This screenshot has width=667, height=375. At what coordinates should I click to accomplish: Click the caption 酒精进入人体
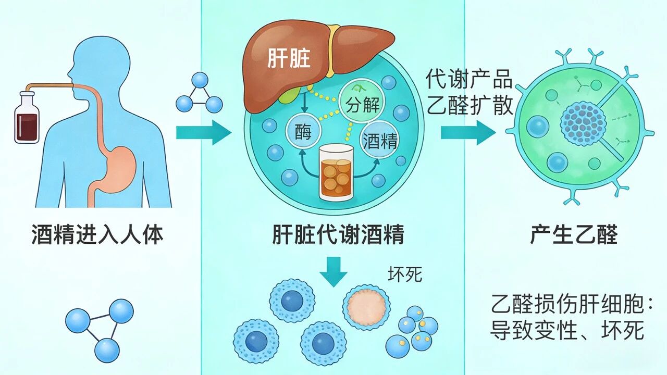97,235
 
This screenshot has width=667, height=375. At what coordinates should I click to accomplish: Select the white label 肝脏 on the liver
289,58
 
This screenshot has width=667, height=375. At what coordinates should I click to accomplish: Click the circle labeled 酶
303,132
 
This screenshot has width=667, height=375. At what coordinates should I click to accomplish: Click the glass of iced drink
336,172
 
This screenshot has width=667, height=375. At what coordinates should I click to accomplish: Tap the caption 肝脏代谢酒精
338,235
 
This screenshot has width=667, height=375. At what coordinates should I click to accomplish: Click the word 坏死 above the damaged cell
405,274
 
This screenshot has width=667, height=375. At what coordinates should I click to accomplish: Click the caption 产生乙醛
574,235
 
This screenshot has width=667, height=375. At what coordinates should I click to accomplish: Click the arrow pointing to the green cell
467,133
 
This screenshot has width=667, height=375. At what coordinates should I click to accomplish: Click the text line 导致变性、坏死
567,331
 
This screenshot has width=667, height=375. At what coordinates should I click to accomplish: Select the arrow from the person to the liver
203,133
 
